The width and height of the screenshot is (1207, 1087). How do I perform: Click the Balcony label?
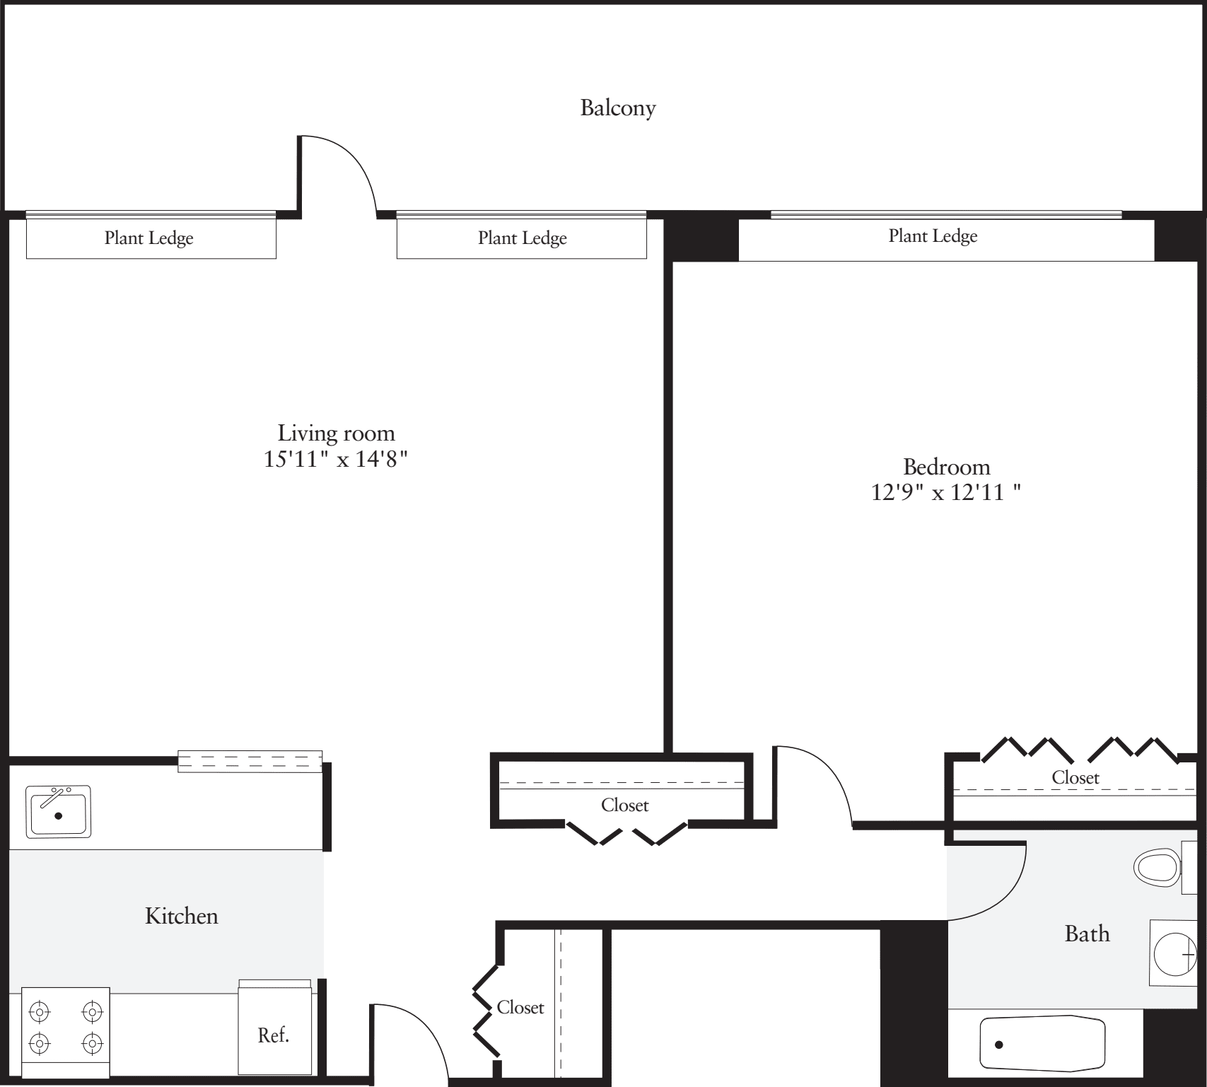[x=617, y=108]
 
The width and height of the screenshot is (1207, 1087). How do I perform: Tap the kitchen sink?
[x=59, y=812]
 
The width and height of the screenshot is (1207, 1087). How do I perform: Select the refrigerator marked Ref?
[x=274, y=1034]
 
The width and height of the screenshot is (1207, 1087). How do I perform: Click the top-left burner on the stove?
[x=40, y=1013]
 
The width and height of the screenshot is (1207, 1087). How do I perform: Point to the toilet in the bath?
[x=1157, y=866]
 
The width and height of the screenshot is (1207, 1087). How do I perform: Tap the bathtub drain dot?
[x=999, y=1045]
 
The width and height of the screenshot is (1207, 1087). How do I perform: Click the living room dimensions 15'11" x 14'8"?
[x=336, y=460]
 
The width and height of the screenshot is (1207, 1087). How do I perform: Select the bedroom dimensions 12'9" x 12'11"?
[x=945, y=492]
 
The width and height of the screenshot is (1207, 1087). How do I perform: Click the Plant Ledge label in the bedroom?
[x=933, y=236]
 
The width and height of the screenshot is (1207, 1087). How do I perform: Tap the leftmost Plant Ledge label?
[x=148, y=238]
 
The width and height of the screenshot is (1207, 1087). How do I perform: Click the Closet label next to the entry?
[x=520, y=1007]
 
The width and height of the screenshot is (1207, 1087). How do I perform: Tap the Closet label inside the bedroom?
[x=1075, y=778]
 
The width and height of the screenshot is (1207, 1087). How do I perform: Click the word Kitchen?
[x=181, y=916]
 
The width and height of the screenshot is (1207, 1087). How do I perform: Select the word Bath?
[x=1087, y=934]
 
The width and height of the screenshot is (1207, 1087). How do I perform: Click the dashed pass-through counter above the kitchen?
[x=250, y=762]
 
